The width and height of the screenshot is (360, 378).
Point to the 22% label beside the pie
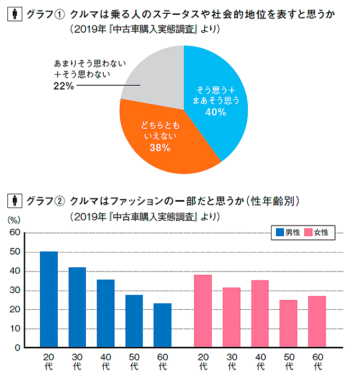pos(64,86)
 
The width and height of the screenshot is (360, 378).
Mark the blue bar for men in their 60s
pos(163,325)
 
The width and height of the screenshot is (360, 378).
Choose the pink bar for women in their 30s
pos(231,317)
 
